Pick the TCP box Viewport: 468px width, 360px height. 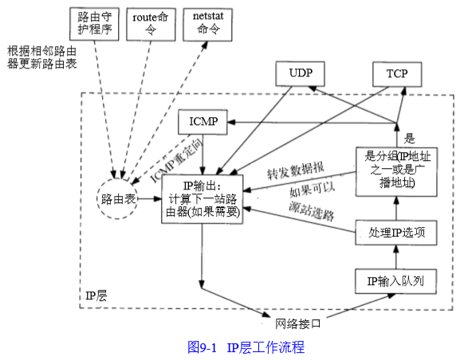pos(396,75)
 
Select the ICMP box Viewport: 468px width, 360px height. pos(202,123)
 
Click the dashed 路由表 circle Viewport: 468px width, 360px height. pos(117,197)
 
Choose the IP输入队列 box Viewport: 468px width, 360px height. pos(396,281)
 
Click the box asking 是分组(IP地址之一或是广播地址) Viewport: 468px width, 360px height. pos(396,170)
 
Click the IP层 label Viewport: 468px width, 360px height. pos(96,296)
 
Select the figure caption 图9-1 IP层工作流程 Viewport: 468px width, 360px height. pos(246,347)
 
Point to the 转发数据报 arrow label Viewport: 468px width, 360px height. pos(294,174)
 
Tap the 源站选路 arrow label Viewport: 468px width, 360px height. pos(310,213)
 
